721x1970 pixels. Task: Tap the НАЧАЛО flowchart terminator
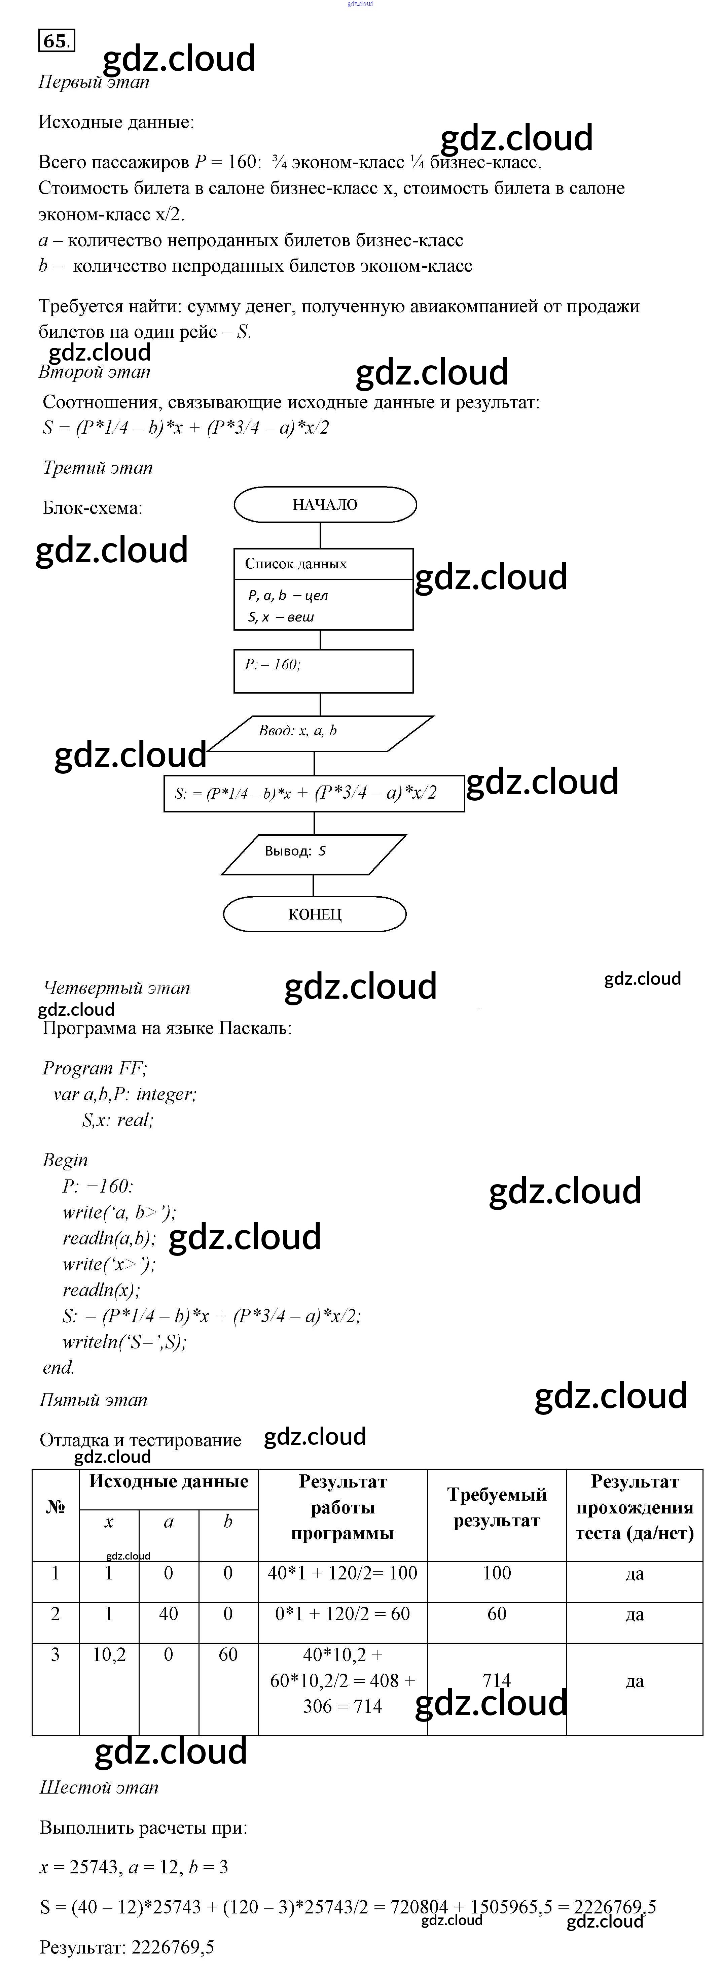click(325, 505)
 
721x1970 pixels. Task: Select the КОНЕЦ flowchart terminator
click(314, 914)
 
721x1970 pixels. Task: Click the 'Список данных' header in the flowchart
click(296, 564)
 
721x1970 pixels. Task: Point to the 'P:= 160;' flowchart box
click(323, 671)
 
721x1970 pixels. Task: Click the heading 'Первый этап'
click(93, 82)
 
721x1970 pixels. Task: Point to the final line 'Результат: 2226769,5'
click(127, 1947)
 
